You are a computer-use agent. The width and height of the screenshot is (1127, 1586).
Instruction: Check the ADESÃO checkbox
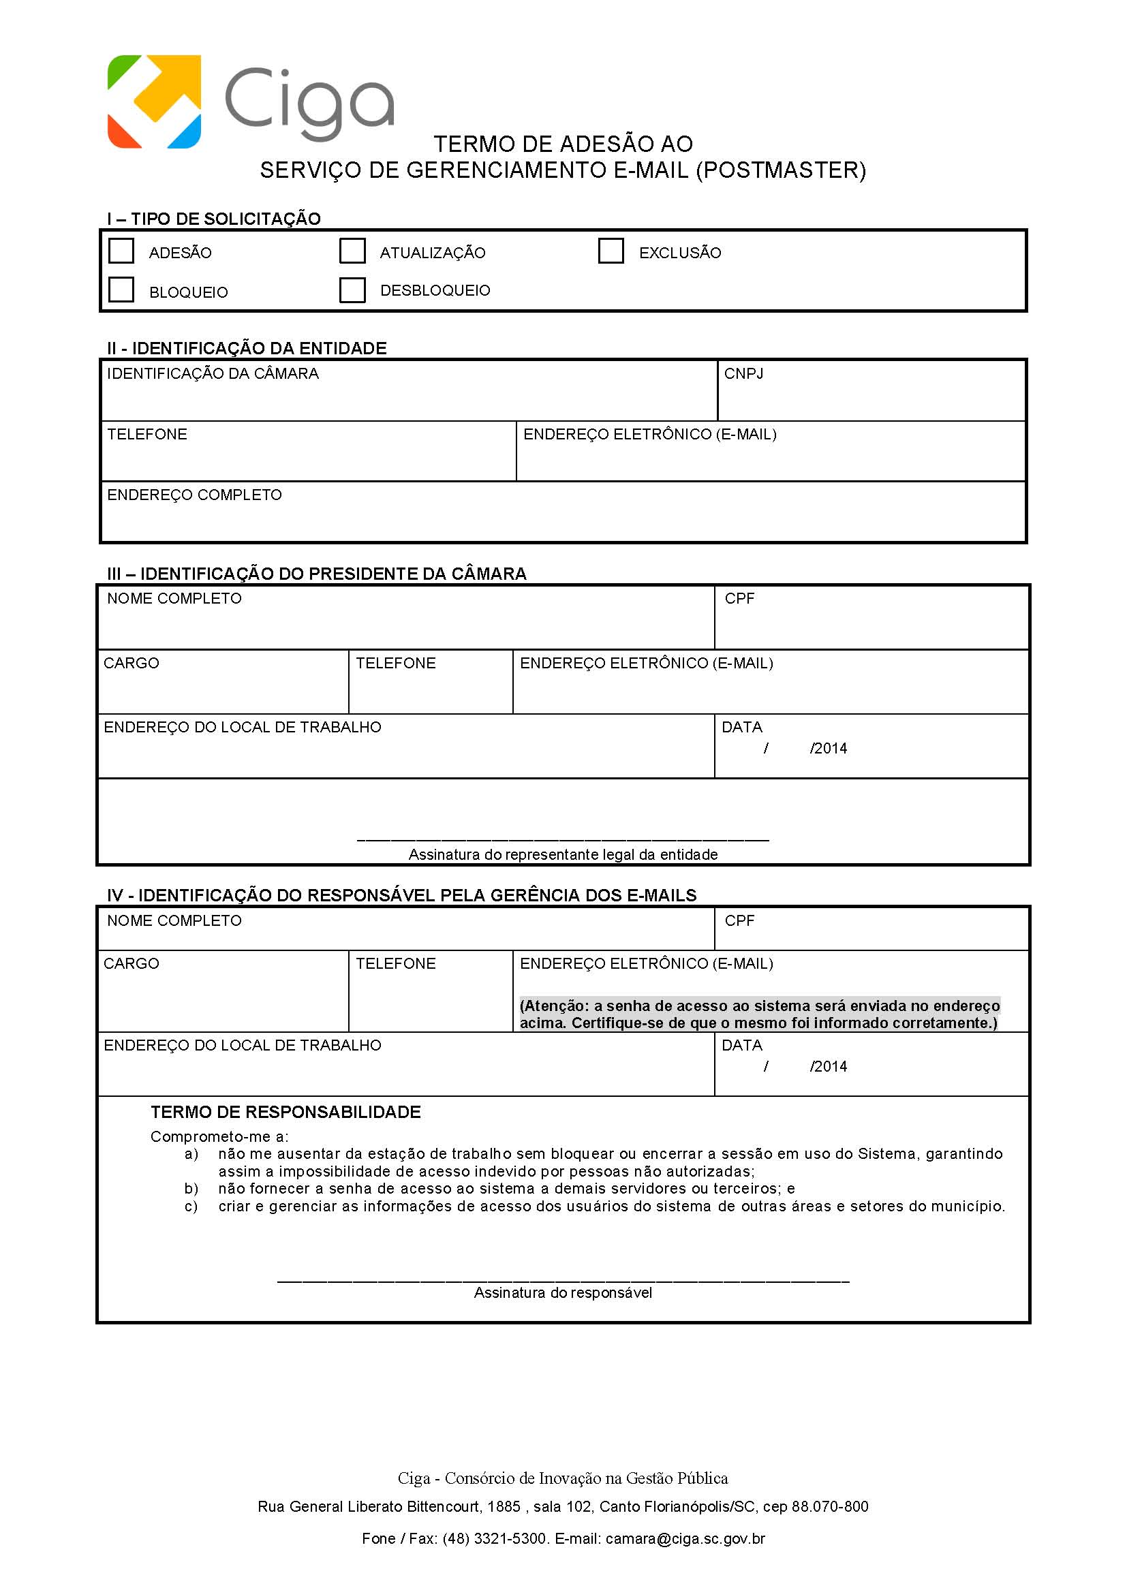[121, 251]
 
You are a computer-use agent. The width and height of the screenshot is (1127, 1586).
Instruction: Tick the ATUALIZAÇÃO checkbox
[352, 251]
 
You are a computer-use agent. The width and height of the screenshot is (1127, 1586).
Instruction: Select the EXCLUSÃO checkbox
[611, 251]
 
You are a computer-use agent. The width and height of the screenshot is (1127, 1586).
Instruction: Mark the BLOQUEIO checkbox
[121, 290]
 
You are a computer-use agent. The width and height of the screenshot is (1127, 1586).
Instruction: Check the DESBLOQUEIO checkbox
[352, 290]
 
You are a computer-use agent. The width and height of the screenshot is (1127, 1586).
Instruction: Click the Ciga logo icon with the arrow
[154, 102]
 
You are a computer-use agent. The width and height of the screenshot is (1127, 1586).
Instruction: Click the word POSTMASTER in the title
[781, 171]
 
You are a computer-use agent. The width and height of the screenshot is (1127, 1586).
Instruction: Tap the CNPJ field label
[743, 374]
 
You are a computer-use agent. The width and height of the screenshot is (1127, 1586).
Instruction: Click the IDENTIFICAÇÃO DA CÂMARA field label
[213, 374]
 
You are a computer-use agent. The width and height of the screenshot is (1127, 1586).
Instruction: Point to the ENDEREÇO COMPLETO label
[194, 495]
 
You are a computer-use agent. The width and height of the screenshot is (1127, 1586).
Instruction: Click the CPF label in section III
[739, 599]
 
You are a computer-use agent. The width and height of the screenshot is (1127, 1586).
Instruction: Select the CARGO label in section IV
[131, 964]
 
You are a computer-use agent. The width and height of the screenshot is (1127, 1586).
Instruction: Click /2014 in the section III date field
[829, 749]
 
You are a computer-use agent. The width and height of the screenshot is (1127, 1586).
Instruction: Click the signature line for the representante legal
[562, 840]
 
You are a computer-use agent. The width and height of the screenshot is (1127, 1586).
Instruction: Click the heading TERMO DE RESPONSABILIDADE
[286, 1112]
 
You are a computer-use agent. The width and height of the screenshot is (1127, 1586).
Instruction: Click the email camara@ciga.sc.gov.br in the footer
[685, 1539]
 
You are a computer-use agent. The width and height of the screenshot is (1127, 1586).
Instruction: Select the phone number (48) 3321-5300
[495, 1539]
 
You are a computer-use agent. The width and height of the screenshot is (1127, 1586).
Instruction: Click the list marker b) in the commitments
[191, 1188]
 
